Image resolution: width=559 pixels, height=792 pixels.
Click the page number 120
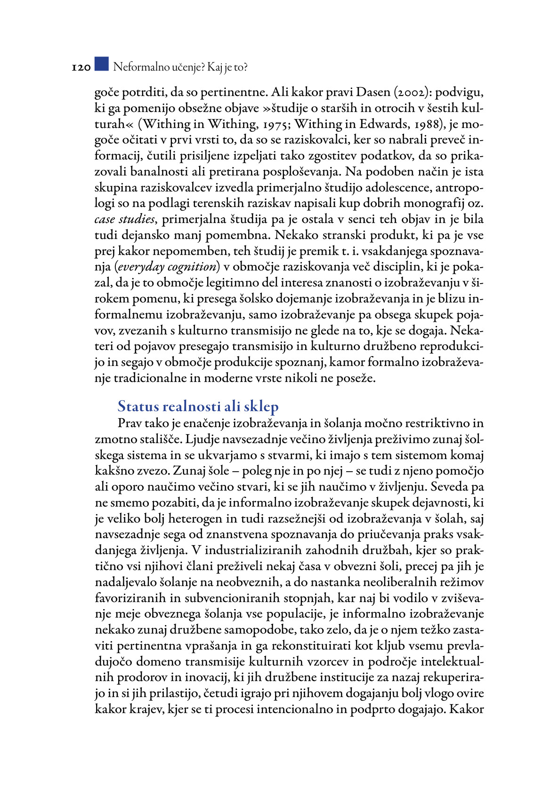[x=81, y=68]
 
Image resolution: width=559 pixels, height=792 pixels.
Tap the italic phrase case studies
[x=124, y=220]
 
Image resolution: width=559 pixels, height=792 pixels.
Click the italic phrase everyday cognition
[x=167, y=267]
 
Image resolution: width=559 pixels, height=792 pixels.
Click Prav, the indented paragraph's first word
[x=130, y=423]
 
